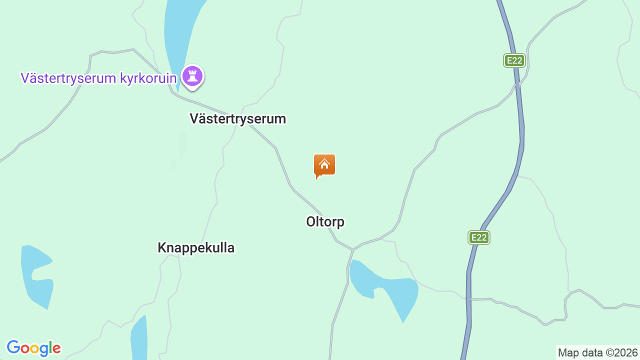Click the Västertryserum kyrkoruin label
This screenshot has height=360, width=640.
[x=98, y=78]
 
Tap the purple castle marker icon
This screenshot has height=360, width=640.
[x=192, y=76]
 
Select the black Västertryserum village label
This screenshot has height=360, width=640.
[x=237, y=119]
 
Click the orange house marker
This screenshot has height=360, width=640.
[x=324, y=165]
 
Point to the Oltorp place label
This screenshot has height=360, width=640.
[x=325, y=221]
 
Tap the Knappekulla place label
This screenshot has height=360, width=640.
[x=196, y=247]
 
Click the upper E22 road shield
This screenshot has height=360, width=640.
[x=514, y=61]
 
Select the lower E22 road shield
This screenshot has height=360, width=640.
[x=479, y=237]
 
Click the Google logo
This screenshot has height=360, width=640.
[x=33, y=348]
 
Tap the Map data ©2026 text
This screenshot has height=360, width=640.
[x=597, y=353]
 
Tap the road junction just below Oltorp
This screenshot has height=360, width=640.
[x=353, y=249]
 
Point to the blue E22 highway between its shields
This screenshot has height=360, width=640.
[x=520, y=150]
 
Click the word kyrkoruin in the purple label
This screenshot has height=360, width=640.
[x=148, y=78]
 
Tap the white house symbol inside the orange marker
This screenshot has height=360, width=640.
[x=324, y=163]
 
